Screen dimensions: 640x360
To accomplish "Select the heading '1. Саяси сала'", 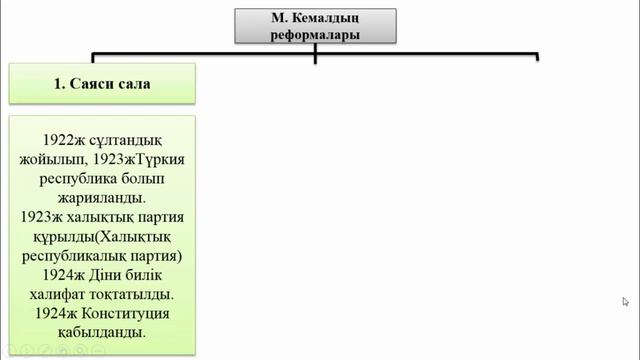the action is (x=102, y=84).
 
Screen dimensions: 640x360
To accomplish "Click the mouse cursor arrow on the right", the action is (x=625, y=301).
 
